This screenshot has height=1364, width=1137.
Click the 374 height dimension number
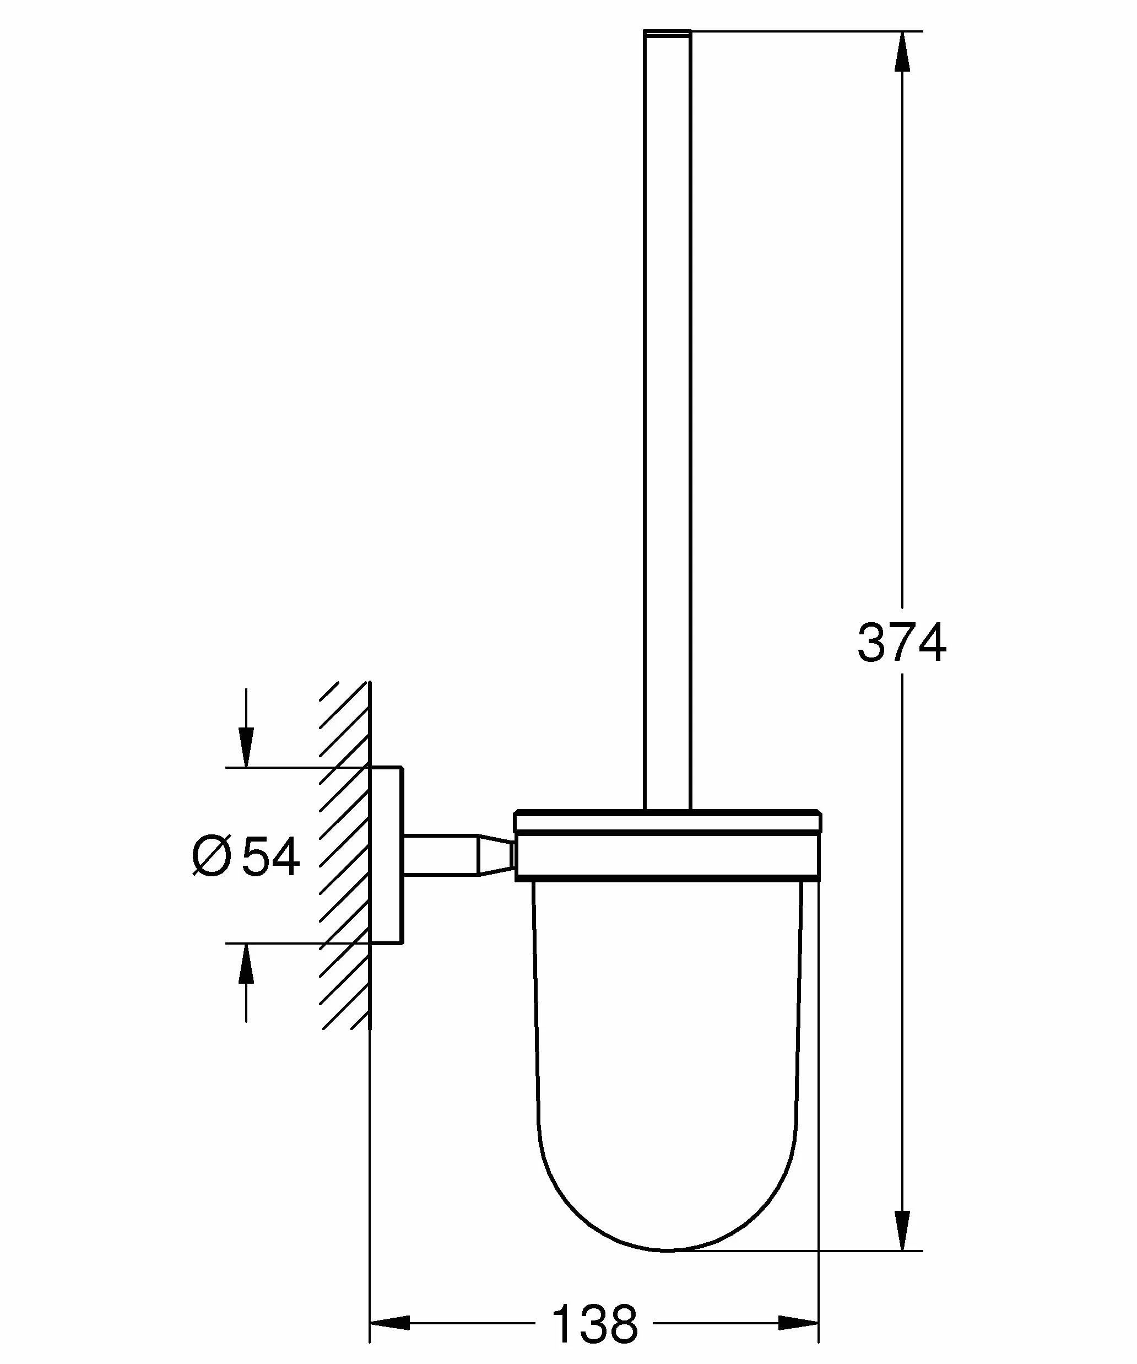pyautogui.click(x=902, y=643)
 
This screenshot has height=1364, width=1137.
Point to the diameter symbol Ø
pyautogui.click(x=212, y=857)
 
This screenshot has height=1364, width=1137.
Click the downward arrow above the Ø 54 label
pyautogui.click(x=246, y=728)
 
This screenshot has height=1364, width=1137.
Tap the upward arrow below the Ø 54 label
pyautogui.click(x=246, y=982)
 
